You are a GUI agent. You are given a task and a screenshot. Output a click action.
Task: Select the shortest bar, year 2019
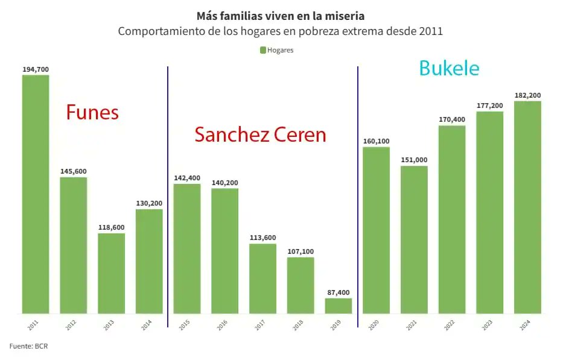pyautogui.click(x=338, y=306)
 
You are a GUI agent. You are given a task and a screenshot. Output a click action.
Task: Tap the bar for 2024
pyautogui.click(x=527, y=207)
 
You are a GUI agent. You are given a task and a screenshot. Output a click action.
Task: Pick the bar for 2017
pyautogui.click(x=262, y=279)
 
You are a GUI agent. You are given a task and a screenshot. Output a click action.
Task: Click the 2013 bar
pyautogui.click(x=111, y=273)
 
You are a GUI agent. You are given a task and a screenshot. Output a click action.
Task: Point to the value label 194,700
pyautogui.click(x=36, y=69)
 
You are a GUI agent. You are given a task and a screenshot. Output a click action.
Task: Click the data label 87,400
pyautogui.click(x=338, y=292)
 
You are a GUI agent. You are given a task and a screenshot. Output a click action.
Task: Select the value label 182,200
pyautogui.click(x=527, y=95)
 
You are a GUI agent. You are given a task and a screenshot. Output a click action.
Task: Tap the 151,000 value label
pyautogui.click(x=413, y=160)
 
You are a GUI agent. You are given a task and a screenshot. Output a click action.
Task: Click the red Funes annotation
pyautogui.click(x=92, y=112)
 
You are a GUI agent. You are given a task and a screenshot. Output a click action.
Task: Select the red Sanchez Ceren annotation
pyautogui.click(x=260, y=134)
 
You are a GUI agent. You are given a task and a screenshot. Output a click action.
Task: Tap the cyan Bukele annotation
pyautogui.click(x=449, y=68)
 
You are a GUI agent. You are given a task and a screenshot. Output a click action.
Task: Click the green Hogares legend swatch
pyautogui.click(x=262, y=50)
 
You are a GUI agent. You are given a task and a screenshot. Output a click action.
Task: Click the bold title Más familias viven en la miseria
pyautogui.click(x=280, y=16)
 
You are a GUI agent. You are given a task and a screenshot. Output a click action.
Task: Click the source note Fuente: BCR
pyautogui.click(x=27, y=346)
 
